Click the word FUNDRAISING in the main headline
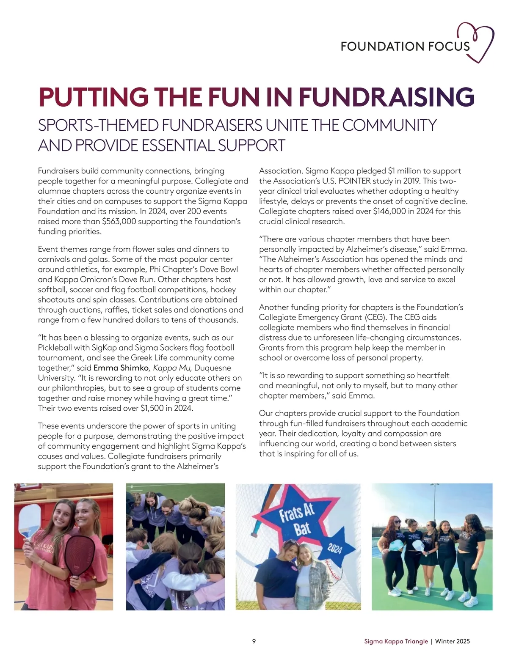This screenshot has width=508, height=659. tap(386, 97)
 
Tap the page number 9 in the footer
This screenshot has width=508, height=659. tap(254, 641)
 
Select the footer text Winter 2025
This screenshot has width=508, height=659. tap(453, 641)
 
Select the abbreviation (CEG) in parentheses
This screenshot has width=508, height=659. tap(364, 317)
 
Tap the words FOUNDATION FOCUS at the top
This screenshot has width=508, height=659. tap(405, 46)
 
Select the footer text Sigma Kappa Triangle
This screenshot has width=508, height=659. tap(396, 641)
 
